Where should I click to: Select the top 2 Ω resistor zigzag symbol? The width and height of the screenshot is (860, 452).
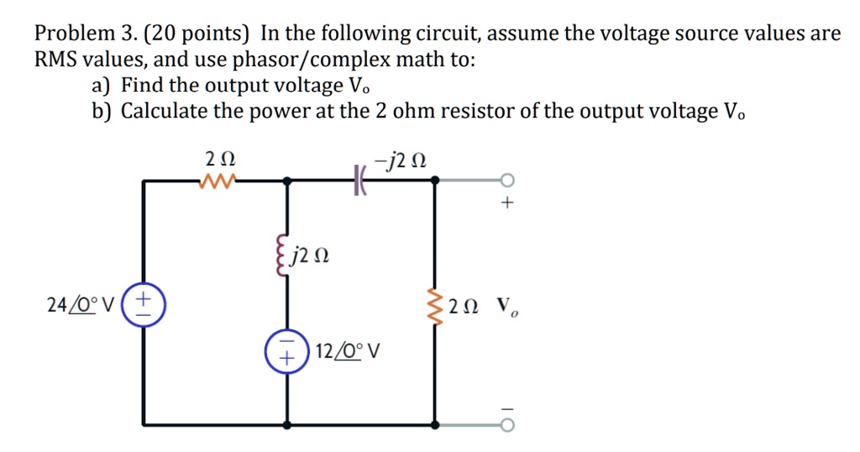[219, 180]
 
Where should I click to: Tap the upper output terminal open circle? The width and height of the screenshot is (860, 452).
[506, 180]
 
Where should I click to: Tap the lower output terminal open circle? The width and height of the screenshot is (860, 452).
[506, 423]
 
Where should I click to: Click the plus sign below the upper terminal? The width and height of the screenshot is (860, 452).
[507, 203]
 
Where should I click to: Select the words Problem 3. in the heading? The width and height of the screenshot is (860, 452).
[81, 34]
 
